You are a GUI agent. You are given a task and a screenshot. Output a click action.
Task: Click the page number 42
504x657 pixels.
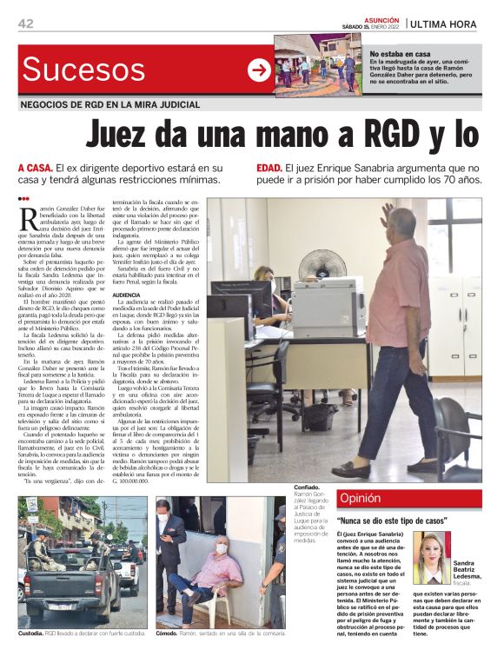25,23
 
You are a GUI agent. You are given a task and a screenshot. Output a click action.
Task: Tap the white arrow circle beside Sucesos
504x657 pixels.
259,70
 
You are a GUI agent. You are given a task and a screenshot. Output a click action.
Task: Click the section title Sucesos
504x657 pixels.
84,69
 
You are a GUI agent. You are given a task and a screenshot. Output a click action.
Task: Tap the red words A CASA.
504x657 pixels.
34,168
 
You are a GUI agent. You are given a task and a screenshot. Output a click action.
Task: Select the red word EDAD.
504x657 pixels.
269,168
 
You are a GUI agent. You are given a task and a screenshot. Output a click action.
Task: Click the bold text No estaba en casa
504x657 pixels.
400,54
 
